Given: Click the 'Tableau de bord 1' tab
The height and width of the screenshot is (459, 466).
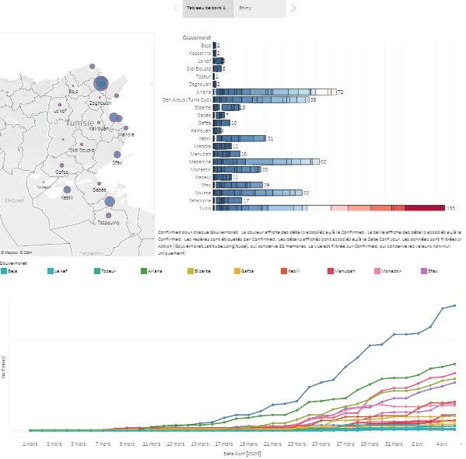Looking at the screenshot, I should [207, 8].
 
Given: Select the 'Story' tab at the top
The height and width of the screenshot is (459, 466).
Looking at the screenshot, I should [246, 8].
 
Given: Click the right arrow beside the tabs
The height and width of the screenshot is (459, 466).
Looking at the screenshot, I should [293, 8].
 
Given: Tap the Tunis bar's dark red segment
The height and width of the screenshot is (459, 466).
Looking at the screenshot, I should [424, 208].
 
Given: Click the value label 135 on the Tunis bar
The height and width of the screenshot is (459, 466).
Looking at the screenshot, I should [450, 208].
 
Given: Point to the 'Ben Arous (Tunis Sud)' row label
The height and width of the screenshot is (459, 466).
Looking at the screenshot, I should [186, 99].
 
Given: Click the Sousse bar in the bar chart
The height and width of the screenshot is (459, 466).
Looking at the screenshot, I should [258, 193].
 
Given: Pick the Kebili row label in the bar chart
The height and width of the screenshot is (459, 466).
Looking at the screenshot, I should [205, 138].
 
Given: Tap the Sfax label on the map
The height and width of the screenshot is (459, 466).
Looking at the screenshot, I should [117, 163].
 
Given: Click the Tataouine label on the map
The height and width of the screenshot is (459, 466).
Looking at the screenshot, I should [108, 223].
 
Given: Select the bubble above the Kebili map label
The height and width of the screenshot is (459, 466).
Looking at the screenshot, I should [68, 190].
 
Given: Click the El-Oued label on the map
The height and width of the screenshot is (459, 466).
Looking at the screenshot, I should [14, 200].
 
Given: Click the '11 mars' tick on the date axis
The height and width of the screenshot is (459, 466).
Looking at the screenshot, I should [152, 444].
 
